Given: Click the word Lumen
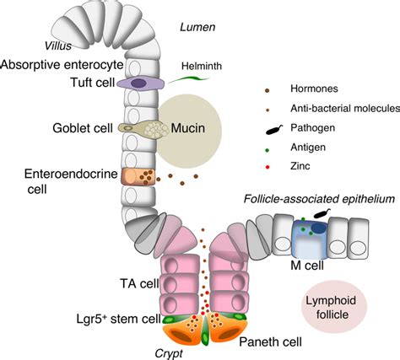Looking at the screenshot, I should point(197,27).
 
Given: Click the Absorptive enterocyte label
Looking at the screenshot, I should point(62,65).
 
